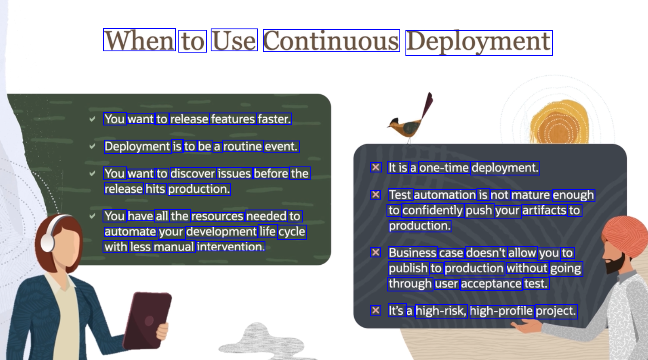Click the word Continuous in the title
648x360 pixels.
point(331,41)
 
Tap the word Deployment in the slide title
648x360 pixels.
point(479,43)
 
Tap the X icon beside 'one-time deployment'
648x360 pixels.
point(376,167)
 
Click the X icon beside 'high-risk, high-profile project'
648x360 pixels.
point(376,310)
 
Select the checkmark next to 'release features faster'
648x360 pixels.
point(92,119)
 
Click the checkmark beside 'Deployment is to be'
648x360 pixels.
point(92,146)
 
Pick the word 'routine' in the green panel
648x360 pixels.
point(243,147)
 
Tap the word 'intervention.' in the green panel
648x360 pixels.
point(231,247)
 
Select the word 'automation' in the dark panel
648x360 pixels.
point(445,195)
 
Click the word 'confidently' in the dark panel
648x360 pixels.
point(433,210)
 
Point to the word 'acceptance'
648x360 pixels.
point(491,284)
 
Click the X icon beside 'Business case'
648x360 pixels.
point(376,252)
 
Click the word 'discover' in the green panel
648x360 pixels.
point(193,174)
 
